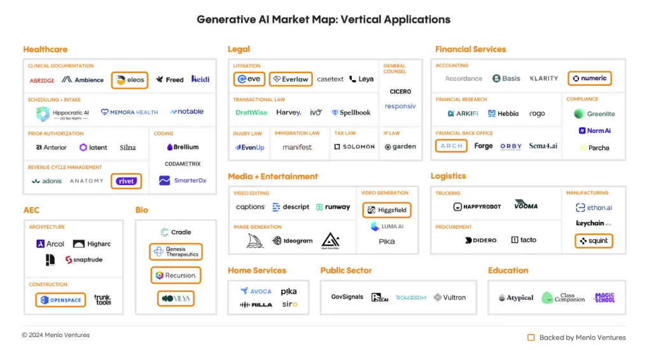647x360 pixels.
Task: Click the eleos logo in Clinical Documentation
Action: [x=130, y=80]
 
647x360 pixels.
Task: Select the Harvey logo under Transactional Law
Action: [x=288, y=113]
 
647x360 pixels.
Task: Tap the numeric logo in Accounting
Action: [x=589, y=78]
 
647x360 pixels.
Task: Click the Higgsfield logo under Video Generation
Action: [x=387, y=210]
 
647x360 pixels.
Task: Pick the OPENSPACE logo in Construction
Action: [x=60, y=300]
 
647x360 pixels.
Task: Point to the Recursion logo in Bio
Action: [x=176, y=275]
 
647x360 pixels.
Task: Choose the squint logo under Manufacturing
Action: [x=594, y=241]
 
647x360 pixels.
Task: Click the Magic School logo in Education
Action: [x=604, y=297]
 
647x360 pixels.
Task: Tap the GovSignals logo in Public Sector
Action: [x=347, y=297]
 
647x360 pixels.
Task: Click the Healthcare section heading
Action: [x=45, y=50]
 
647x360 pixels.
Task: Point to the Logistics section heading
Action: [x=448, y=176]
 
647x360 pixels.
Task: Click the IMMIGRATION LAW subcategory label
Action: [x=296, y=134]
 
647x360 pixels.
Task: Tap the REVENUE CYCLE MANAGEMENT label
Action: [x=65, y=167]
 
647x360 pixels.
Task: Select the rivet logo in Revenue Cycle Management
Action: [x=126, y=181]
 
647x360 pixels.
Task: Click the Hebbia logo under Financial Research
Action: [x=503, y=113]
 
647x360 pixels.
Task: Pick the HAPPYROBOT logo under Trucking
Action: [x=477, y=207]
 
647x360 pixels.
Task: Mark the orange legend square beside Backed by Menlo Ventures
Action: [x=531, y=338]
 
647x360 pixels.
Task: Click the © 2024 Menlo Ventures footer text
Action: [x=56, y=335]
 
